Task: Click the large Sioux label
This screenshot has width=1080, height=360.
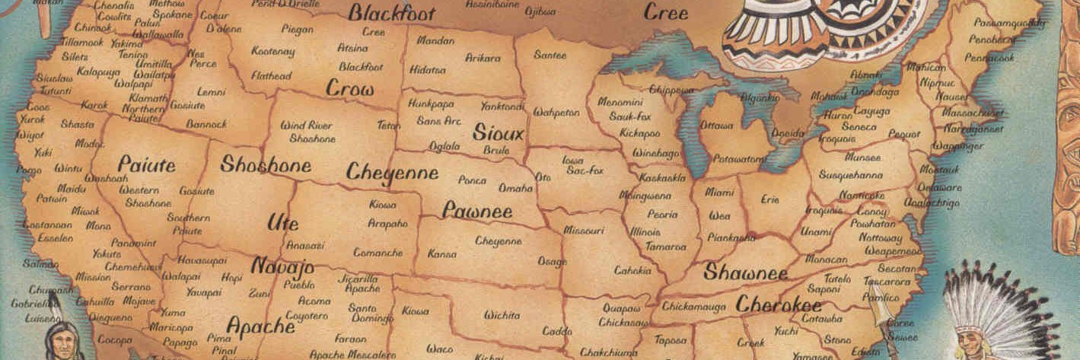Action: (499, 133)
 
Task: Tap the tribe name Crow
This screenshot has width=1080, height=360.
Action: (350, 89)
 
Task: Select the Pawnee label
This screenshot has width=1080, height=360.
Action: (478, 211)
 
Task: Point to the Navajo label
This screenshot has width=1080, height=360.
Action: (282, 267)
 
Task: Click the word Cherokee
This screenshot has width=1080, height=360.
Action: (778, 304)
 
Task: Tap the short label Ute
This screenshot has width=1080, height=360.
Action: (282, 223)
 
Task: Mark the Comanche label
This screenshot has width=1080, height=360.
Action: (378, 252)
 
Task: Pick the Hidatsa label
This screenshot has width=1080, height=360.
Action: (427, 69)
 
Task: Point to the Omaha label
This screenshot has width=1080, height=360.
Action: (515, 188)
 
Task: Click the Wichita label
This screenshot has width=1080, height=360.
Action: (502, 314)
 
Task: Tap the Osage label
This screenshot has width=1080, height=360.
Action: (552, 261)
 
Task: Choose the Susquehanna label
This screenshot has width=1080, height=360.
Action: (850, 175)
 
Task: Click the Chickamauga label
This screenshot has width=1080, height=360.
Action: (693, 305)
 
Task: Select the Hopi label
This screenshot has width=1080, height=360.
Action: (231, 279)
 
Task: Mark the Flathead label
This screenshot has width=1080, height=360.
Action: (271, 76)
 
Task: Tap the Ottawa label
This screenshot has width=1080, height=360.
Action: (716, 125)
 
